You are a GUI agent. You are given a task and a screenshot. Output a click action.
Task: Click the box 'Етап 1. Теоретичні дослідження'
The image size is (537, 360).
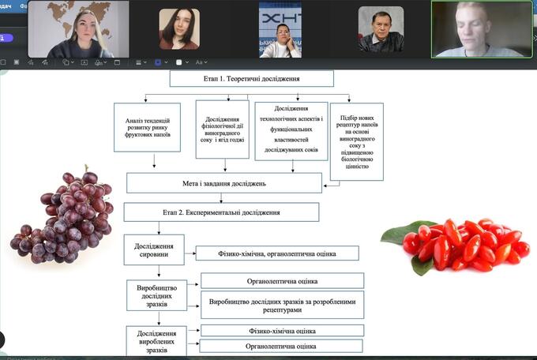(251, 79)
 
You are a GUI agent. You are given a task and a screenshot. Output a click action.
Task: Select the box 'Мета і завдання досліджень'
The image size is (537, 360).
(224, 183)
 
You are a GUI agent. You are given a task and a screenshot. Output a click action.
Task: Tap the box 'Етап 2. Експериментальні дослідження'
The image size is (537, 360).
(221, 212)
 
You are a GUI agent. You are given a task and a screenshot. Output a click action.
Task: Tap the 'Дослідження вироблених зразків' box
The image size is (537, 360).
(157, 339)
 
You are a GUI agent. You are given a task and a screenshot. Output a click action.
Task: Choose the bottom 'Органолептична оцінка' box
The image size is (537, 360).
(280, 346)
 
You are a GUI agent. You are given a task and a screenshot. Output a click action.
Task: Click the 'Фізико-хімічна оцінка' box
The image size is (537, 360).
(282, 331)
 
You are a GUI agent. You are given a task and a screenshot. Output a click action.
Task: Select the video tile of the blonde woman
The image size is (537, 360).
(78, 29)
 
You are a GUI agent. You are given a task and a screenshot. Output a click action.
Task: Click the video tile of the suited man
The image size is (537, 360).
(381, 30)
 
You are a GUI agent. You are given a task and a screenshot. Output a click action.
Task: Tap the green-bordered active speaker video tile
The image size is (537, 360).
(481, 29)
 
